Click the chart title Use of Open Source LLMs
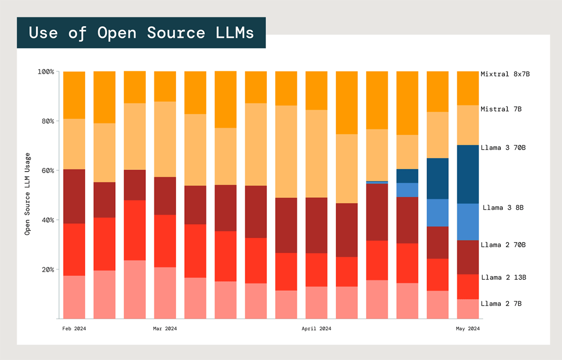(141, 33)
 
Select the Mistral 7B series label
(501, 109)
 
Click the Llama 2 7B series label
(501, 304)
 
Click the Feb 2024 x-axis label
(74, 329)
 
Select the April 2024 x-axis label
(316, 329)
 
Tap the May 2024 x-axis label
(467, 329)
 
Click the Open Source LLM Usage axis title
(28, 193)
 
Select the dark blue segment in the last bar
(467, 174)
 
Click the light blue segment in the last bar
(467, 222)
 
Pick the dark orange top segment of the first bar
(74, 95)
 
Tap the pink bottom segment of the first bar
(74, 297)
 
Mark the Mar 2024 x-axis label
(165, 329)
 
